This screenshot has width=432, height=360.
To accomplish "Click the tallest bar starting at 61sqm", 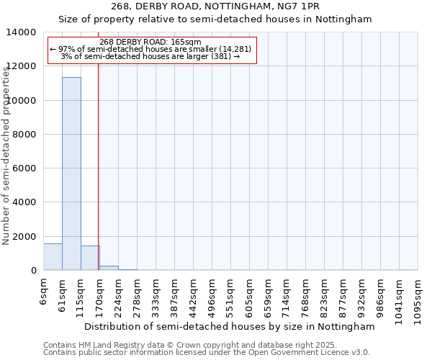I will click(71, 174).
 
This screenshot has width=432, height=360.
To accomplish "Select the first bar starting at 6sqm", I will click(53, 257).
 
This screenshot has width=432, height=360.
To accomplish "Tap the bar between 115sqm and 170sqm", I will click(90, 258).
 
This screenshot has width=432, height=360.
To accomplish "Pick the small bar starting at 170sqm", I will click(109, 268).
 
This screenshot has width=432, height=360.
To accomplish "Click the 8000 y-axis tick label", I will click(24, 135).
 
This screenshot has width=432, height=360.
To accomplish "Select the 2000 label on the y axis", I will click(24, 237).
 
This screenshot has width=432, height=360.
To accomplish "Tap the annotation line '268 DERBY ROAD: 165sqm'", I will click(150, 42).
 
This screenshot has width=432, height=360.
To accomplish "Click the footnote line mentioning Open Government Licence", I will click(206, 353).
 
